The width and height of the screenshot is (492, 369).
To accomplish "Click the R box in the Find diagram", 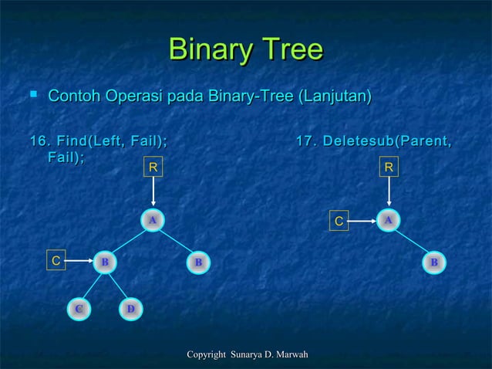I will [x=153, y=165].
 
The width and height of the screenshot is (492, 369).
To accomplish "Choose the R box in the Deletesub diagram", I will [x=389, y=165].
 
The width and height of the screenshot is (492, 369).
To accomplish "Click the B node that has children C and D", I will [x=104, y=262].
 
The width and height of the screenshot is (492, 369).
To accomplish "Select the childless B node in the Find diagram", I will [x=198, y=262].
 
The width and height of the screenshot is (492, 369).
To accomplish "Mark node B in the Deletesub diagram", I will [x=435, y=262].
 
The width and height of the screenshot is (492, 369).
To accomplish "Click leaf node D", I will [x=130, y=310].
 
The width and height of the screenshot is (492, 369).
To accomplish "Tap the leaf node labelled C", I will [x=79, y=310].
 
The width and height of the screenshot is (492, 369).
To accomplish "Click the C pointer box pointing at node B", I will [x=56, y=261].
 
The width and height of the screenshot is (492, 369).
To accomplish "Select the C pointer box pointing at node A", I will [x=338, y=222].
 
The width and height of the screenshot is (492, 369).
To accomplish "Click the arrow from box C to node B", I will [x=79, y=262].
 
